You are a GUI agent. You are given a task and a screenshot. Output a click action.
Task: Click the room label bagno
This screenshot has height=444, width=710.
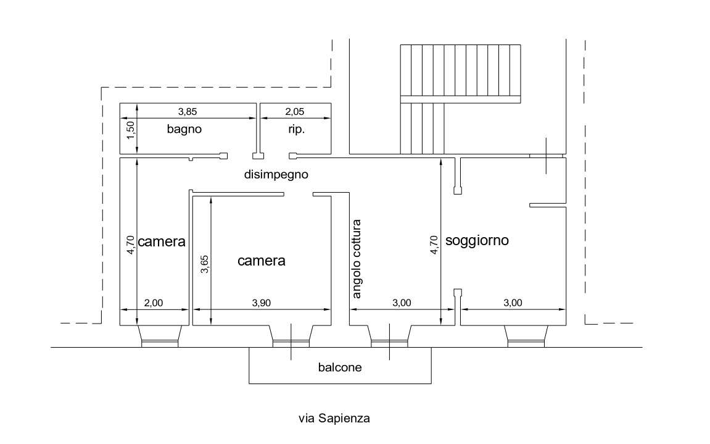tap(184, 130)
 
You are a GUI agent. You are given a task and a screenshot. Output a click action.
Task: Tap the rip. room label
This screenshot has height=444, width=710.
tap(297, 130)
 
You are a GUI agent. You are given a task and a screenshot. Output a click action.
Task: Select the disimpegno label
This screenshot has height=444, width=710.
tap(276, 174)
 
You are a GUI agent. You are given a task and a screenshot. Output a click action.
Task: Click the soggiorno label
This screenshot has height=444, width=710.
tap(477, 240)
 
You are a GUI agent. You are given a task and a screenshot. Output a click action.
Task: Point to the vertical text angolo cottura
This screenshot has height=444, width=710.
tap(357, 259)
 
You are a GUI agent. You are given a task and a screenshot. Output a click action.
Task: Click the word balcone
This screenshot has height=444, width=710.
tap(340, 367)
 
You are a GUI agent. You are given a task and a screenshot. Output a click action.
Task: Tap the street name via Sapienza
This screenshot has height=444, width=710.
tap(334, 419)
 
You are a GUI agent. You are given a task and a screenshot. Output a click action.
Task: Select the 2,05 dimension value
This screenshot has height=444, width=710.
tap(295, 112)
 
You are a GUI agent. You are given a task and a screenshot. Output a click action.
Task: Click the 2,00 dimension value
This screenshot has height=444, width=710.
tap(153, 303)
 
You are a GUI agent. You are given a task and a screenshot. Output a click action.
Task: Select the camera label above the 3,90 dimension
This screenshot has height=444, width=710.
tap(262, 261)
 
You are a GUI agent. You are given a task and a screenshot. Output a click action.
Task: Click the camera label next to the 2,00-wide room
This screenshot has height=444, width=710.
tap(162, 241)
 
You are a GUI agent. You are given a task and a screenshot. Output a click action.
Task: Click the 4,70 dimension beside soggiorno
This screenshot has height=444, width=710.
tap(434, 245)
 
